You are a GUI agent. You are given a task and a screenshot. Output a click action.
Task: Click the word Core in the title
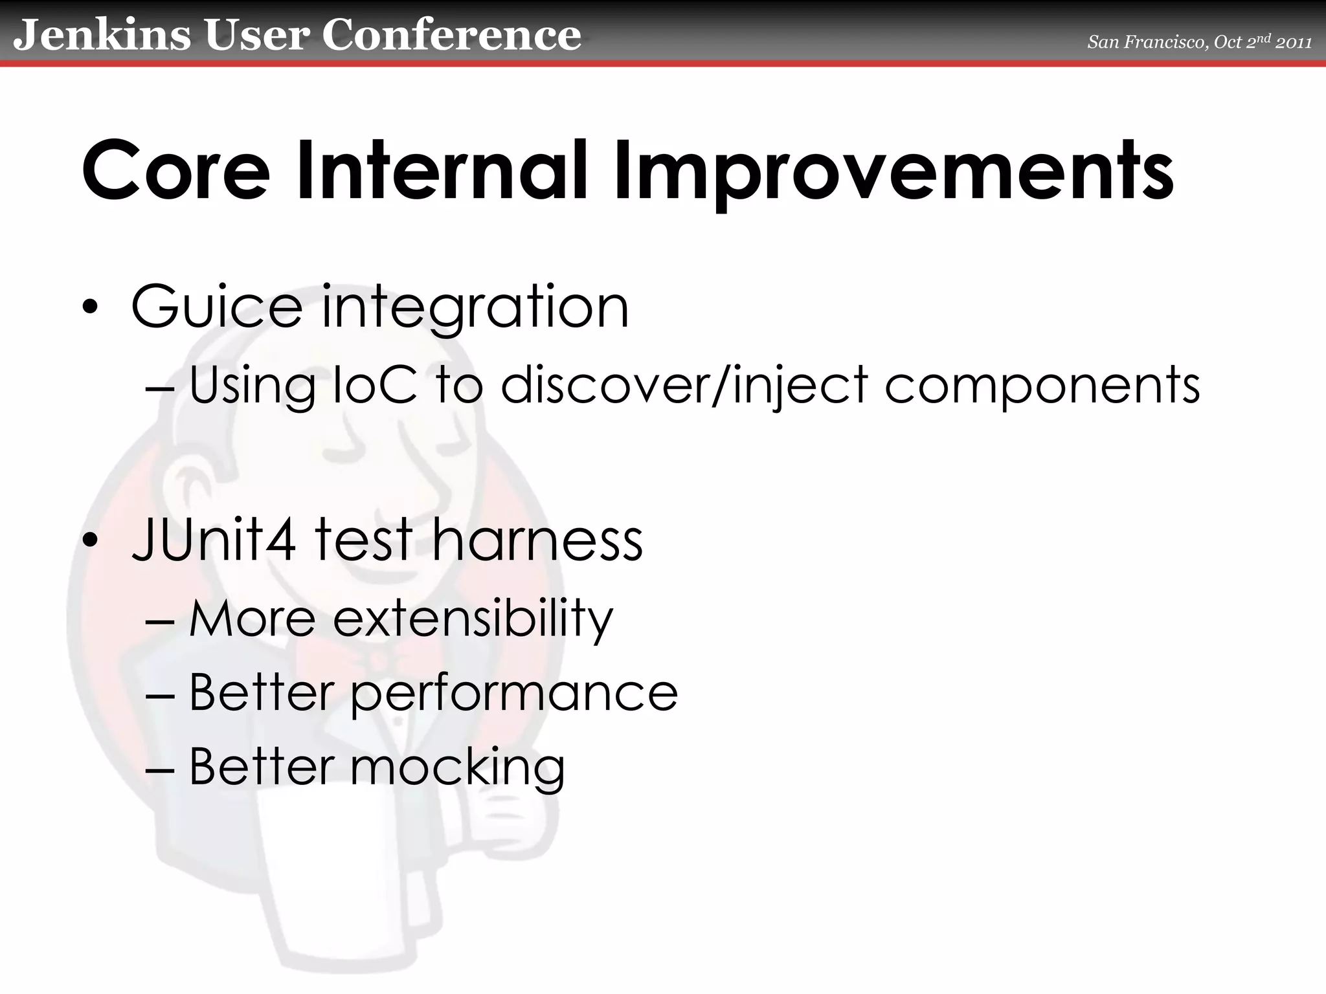pyautogui.click(x=175, y=171)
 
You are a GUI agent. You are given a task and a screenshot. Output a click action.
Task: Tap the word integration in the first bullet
pyautogui.click(x=475, y=309)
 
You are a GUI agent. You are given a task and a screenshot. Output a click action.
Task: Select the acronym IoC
pyautogui.click(x=375, y=385)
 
